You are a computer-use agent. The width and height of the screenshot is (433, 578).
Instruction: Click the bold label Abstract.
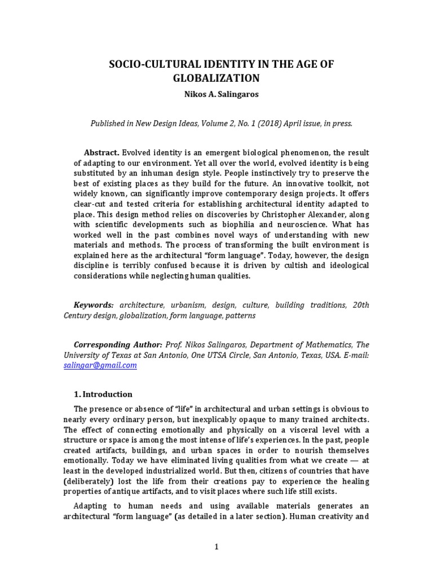click(101, 153)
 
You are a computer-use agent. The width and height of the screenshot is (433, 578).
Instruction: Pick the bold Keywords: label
click(94, 305)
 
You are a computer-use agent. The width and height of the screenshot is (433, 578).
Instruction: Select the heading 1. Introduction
click(103, 394)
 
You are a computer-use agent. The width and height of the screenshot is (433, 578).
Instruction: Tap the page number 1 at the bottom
click(216, 546)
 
